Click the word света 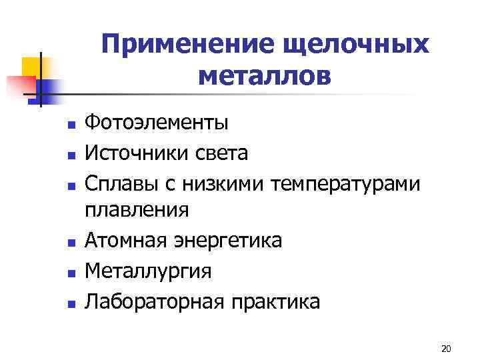(223, 153)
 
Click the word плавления (137, 210)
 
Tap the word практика (275, 302)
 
